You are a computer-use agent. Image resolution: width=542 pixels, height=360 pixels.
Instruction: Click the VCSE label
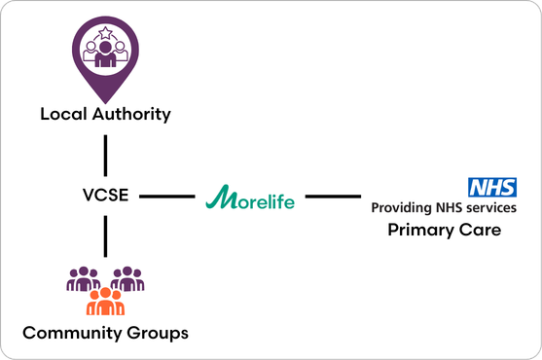[x=105, y=197]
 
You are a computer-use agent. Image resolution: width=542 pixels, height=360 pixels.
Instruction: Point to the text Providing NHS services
[x=444, y=207]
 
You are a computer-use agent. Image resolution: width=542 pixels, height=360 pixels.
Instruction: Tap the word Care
[x=481, y=231]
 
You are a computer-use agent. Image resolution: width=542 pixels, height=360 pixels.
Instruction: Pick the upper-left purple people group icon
[x=83, y=279]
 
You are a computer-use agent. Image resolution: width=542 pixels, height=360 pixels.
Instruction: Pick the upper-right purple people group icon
[x=127, y=279]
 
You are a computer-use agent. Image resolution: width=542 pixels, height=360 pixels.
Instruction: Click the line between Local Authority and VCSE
[x=105, y=155]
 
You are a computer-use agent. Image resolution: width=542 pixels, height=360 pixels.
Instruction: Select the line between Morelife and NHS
[x=332, y=197]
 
